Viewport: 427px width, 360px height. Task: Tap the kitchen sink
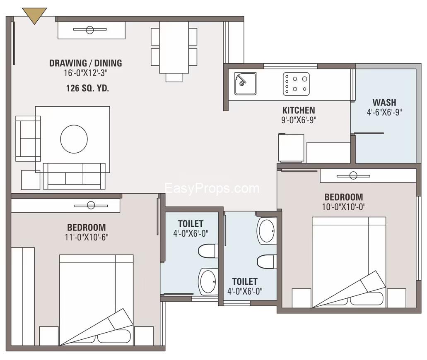tap(245, 84)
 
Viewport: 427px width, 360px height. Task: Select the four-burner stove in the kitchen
tap(296, 83)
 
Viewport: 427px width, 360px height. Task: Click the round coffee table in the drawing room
tap(74, 139)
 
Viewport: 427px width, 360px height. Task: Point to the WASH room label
tap(384, 102)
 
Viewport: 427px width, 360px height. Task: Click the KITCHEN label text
tap(298, 110)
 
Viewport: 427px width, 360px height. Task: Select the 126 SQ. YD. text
tap(87, 88)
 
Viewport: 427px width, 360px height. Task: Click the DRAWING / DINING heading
tap(85, 63)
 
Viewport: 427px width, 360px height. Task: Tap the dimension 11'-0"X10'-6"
tap(86, 237)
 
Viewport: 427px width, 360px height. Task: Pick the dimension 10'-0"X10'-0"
tap(343, 206)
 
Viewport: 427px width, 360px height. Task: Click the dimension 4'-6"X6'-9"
tap(384, 112)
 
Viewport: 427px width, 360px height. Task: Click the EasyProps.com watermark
tap(212, 189)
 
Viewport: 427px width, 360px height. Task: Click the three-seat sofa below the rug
tap(74, 175)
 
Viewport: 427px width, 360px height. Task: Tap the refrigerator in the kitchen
tap(291, 148)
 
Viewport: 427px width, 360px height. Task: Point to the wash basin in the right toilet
tap(266, 230)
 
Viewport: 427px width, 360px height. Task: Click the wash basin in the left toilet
tap(207, 281)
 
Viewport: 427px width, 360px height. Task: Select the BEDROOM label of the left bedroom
tap(86, 227)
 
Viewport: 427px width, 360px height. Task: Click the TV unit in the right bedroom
tap(367, 175)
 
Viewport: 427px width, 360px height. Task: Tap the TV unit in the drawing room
tap(91, 30)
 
